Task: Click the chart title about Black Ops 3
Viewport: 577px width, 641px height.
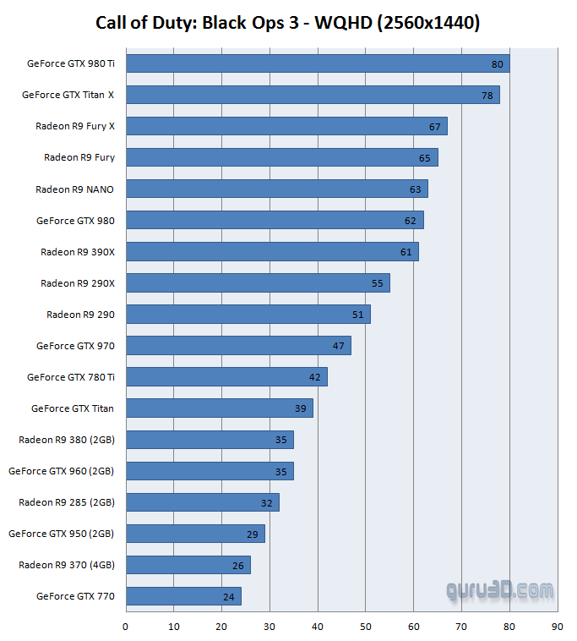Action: pos(288,23)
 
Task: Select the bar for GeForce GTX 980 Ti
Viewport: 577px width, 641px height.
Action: pos(317,63)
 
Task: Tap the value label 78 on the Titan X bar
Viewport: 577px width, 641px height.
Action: pos(487,95)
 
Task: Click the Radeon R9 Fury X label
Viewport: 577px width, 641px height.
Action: pos(75,126)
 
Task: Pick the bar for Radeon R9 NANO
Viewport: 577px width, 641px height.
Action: pos(276,189)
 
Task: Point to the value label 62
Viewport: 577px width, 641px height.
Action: pos(411,221)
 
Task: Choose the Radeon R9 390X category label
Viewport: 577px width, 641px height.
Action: pos(78,252)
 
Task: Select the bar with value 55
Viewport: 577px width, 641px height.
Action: pos(257,283)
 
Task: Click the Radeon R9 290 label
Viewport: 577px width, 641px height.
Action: pos(80,315)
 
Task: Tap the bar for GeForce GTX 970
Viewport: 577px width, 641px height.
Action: pos(237,346)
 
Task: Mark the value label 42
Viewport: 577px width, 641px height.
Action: pos(315,377)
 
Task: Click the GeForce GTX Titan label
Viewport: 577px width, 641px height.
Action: pos(73,408)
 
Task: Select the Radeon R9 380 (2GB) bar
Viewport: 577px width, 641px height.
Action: pos(209,440)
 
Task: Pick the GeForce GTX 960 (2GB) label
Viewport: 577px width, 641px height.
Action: pos(62,471)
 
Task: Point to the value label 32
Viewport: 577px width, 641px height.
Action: pos(267,502)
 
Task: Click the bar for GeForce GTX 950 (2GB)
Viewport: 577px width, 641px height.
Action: pos(194,534)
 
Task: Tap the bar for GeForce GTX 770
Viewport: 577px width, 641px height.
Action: pos(182,596)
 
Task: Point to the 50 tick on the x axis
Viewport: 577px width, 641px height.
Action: pos(365,627)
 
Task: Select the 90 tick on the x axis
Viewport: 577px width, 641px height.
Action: pos(557,627)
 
